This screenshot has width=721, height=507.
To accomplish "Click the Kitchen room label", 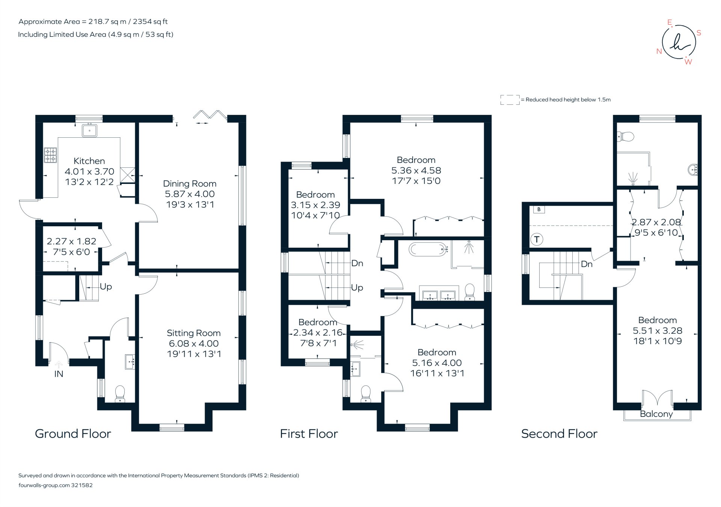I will tap(89, 161).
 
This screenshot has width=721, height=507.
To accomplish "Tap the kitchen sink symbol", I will tap(89, 131).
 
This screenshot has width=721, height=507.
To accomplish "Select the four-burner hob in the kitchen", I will tap(50, 155).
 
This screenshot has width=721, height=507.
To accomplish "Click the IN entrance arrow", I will tap(59, 364).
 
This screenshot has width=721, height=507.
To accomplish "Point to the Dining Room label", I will tap(189, 184).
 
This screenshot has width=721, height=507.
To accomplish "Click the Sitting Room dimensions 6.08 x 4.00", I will tap(193, 343).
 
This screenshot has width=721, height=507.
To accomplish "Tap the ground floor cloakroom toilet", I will tap(120, 393).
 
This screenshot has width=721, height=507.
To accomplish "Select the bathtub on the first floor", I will tap(428, 249).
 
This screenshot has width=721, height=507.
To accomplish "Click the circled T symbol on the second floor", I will tap(537, 239).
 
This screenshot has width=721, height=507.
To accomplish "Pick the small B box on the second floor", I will tap(539, 209).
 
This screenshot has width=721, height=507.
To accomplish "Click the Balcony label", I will tap(656, 414).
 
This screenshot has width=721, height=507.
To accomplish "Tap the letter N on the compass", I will tap(659, 51).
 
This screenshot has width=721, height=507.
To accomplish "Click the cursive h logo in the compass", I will tap(679, 42).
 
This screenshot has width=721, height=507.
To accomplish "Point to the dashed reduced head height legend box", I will tap(510, 99).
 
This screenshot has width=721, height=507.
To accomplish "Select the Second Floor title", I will tap(559, 434).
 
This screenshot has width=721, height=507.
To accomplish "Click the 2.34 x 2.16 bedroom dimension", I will tap(318, 332).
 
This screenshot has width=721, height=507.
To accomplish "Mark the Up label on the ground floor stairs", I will tap(106, 287).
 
